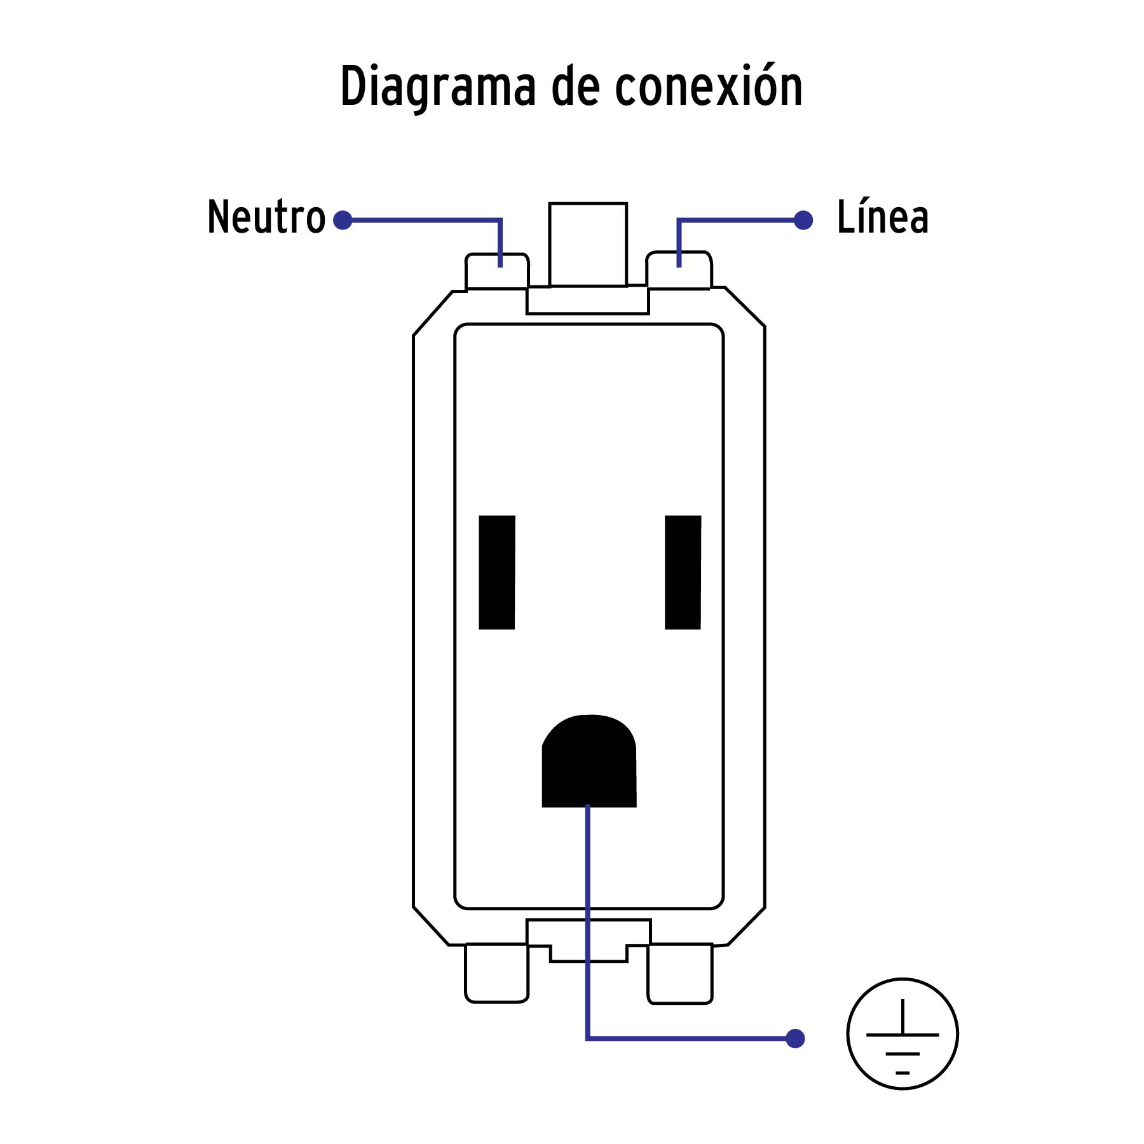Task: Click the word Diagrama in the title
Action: (438, 86)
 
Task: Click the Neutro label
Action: (266, 217)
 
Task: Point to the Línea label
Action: (883, 217)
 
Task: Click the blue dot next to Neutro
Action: (343, 221)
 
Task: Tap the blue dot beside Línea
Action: (803, 221)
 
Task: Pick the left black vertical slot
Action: (497, 572)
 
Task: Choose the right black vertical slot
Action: (683, 572)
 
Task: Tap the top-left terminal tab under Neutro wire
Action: (496, 272)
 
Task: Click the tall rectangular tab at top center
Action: (588, 245)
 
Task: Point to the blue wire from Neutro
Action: (426, 221)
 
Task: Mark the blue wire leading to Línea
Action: (737, 221)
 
